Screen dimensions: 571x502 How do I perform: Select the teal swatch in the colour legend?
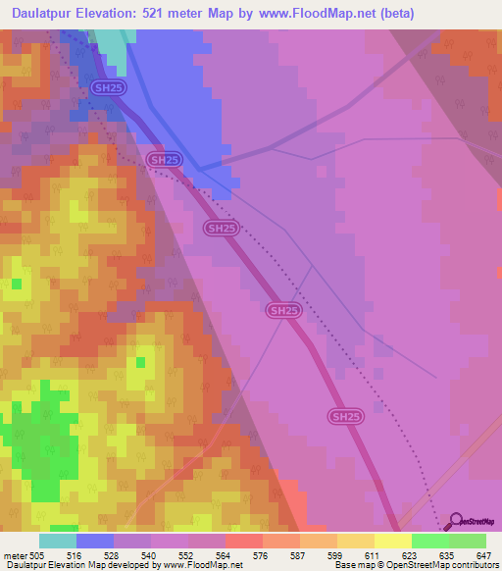58,541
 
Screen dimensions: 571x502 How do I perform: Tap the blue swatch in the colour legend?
95,541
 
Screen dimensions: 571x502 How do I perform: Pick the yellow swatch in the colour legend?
393,541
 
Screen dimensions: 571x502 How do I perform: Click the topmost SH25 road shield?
108,88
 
